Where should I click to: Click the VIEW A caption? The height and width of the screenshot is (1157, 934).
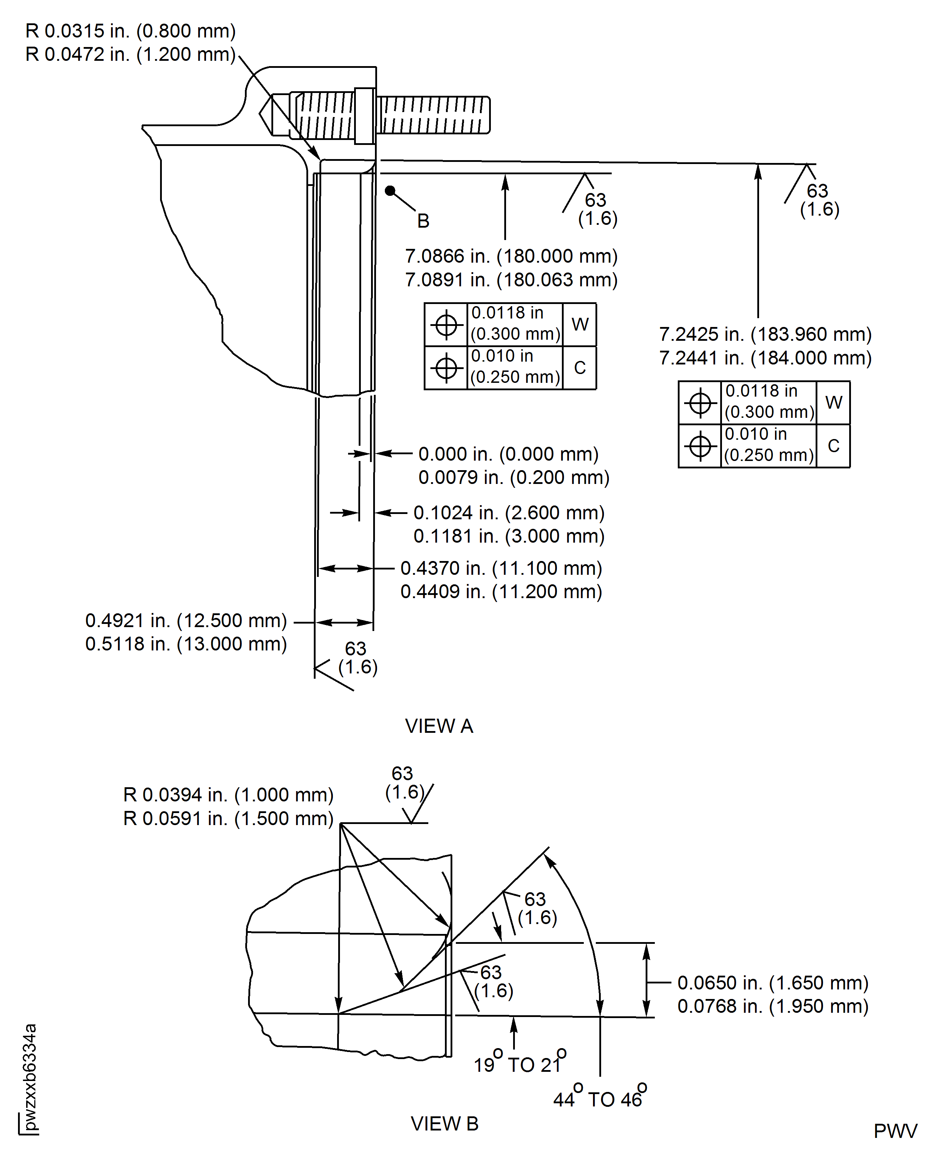point(439,726)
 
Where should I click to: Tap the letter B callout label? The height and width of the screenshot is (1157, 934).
point(423,221)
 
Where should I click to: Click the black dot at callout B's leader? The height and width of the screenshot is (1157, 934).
point(390,191)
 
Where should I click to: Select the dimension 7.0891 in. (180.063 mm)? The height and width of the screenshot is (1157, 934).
point(511,280)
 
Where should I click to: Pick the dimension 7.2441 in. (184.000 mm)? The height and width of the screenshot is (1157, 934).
point(765,358)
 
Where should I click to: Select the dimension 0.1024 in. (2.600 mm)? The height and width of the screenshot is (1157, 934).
point(509,513)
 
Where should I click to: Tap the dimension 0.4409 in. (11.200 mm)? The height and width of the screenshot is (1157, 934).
point(501,592)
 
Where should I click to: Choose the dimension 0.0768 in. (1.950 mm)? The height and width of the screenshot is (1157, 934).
point(773,1006)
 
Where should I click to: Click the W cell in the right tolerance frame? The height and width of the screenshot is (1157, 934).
point(833,403)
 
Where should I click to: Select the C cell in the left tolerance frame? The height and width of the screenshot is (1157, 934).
point(580,368)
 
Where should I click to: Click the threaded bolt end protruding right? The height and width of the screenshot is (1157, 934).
point(434,115)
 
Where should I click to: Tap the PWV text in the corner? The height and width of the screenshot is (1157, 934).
point(895,1131)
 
